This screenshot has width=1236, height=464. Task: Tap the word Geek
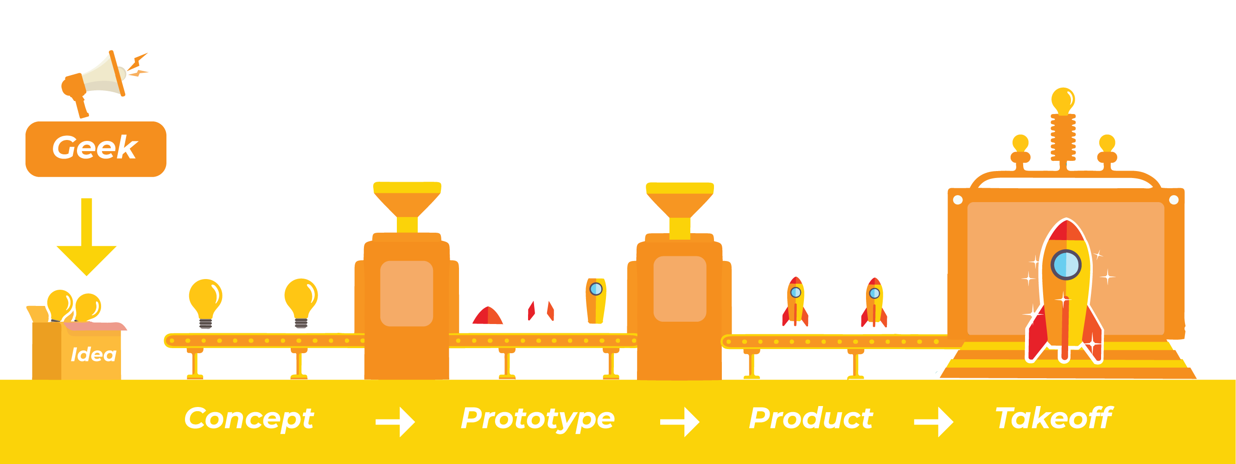point(95,148)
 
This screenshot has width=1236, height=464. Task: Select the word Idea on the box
point(94,355)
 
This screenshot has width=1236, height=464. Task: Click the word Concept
point(249,419)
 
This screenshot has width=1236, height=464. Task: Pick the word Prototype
point(537,419)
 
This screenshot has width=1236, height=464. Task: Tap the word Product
point(811,418)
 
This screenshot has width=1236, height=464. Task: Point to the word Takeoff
point(1054,418)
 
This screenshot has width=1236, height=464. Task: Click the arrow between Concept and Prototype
point(395,422)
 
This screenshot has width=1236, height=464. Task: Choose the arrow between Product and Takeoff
point(934,422)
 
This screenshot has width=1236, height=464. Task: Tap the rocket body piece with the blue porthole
point(596,301)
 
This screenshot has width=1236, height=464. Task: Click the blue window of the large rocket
point(1066,264)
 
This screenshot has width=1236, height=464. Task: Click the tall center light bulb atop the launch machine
point(1063,101)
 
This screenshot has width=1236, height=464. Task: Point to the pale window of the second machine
point(680,289)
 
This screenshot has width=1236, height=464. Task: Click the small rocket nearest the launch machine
point(874,303)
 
